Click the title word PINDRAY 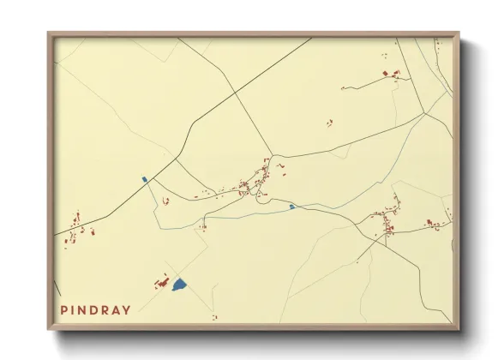click(x=94, y=309)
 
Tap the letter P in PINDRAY click(x=64, y=309)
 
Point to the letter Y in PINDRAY click(x=126, y=309)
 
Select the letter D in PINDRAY click(x=94, y=309)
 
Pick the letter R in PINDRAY click(x=105, y=309)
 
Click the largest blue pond click(x=179, y=284)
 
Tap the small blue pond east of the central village click(x=292, y=207)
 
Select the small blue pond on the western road click(x=145, y=179)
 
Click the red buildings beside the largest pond click(x=159, y=282)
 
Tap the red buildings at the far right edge click(x=435, y=225)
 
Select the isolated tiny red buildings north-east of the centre click(x=329, y=123)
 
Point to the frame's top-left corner click(x=48, y=33)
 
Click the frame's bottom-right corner click(x=459, y=330)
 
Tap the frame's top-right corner click(x=459, y=33)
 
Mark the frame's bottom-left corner click(x=48, y=330)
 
